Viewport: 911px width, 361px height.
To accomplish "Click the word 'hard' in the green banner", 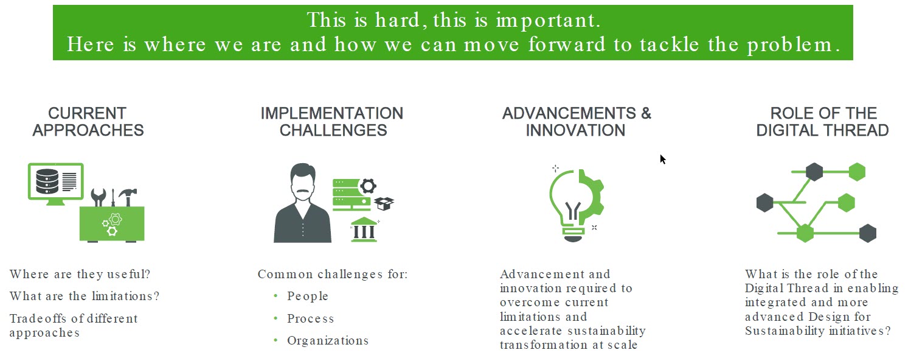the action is point(397,20).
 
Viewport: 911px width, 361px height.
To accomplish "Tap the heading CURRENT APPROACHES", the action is point(88,122).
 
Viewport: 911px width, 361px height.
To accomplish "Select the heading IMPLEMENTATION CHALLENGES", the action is point(332,122).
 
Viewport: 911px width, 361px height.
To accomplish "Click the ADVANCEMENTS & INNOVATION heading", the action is point(577,122).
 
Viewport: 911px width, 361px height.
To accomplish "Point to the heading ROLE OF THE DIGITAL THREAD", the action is point(823,122).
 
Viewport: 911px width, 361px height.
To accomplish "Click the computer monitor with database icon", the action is point(56,184).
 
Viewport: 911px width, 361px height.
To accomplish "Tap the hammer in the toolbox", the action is point(128,197).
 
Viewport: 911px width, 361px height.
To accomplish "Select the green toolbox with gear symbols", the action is point(112,224).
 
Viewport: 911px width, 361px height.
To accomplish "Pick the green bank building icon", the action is point(364,230).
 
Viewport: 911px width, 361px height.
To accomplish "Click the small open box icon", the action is point(384,203).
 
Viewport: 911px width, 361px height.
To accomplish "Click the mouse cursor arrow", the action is point(663,159).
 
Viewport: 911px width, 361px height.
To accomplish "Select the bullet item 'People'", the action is point(308,296).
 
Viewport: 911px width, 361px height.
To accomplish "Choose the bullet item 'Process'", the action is point(310,318).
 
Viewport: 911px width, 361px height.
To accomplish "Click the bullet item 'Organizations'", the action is point(328,341).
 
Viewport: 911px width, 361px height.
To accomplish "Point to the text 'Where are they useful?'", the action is point(80,274).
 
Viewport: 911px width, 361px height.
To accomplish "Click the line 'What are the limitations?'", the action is point(85,296).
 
